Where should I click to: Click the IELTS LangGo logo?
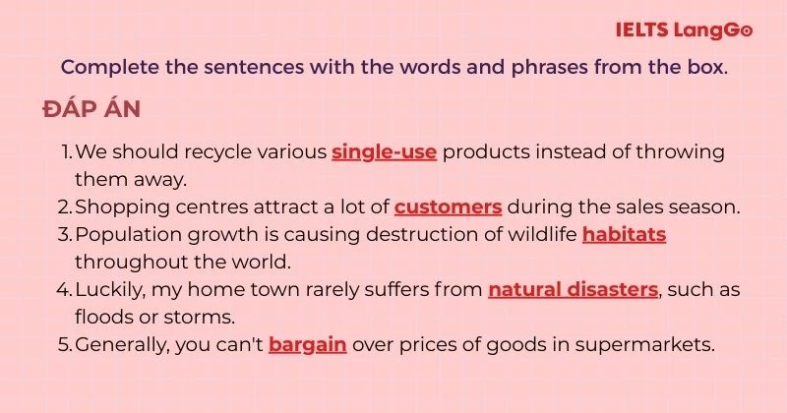coord(684,30)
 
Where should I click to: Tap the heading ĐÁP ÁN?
coord(91,109)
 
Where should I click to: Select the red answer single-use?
coord(384,152)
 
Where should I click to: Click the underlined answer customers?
coord(449,206)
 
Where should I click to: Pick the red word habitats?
coord(625,234)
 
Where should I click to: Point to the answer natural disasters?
coord(573,290)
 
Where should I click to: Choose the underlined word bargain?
coord(307,345)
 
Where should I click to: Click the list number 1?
coord(66,152)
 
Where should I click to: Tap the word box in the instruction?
coord(705,68)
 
